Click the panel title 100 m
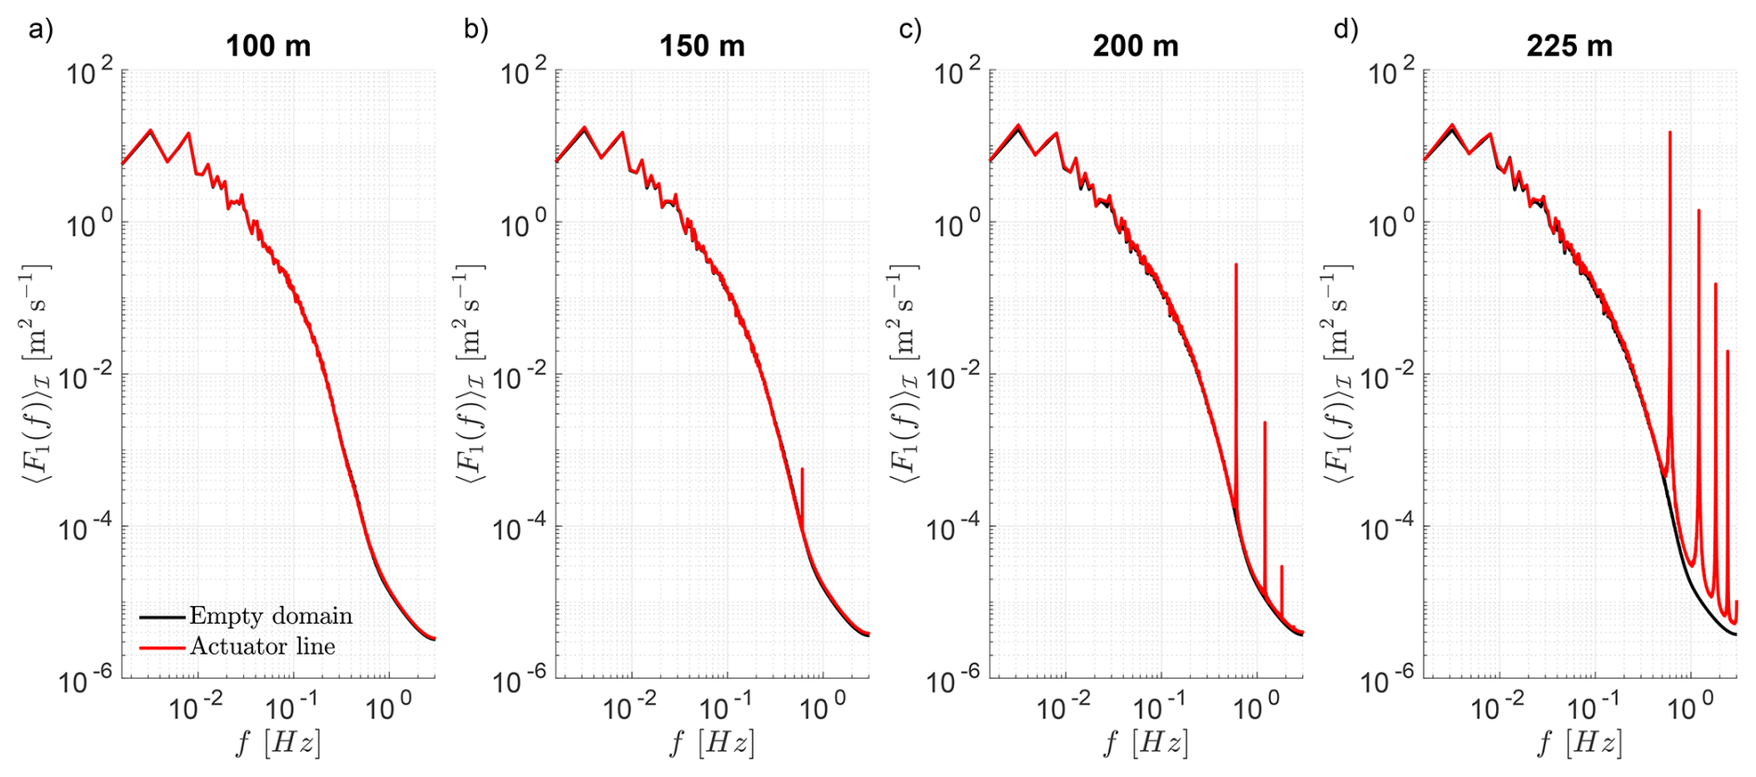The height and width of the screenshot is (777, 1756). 268,45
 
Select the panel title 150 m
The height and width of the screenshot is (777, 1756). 702,45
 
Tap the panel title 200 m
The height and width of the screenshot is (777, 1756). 1135,45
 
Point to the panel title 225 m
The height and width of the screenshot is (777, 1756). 1569,45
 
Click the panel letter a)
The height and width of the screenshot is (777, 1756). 41,29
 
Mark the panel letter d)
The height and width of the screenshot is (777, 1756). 1346,29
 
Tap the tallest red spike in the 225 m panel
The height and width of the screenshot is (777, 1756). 1670,135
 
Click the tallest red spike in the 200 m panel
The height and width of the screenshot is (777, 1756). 1236,266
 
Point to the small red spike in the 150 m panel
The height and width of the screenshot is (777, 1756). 802,472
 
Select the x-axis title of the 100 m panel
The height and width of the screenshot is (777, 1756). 278,743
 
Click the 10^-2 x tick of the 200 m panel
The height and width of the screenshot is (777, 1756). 1064,708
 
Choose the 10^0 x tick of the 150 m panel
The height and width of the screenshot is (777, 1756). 817,708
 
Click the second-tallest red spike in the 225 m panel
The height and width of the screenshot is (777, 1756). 1698,213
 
